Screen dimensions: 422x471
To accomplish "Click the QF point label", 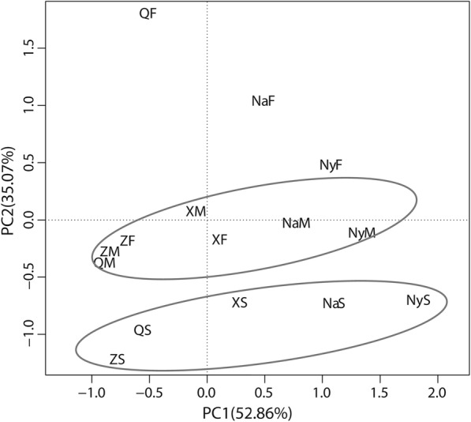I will coord(148,13).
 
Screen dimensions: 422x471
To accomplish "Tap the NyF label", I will coord(331,165).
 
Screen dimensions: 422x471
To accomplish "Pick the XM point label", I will coord(196,211).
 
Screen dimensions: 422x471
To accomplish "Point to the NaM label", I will coord(296,224).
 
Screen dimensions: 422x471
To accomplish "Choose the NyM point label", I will coord(361,233).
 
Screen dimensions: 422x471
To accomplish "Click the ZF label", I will coord(128,241).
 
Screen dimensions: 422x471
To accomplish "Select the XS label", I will coord(240,303).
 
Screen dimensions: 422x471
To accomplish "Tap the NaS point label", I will coord(334,303).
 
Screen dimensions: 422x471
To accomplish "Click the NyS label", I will coord(418,300).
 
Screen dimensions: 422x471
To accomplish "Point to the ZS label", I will coord(118,360).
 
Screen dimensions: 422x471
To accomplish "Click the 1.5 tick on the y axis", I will coord(30,48).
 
